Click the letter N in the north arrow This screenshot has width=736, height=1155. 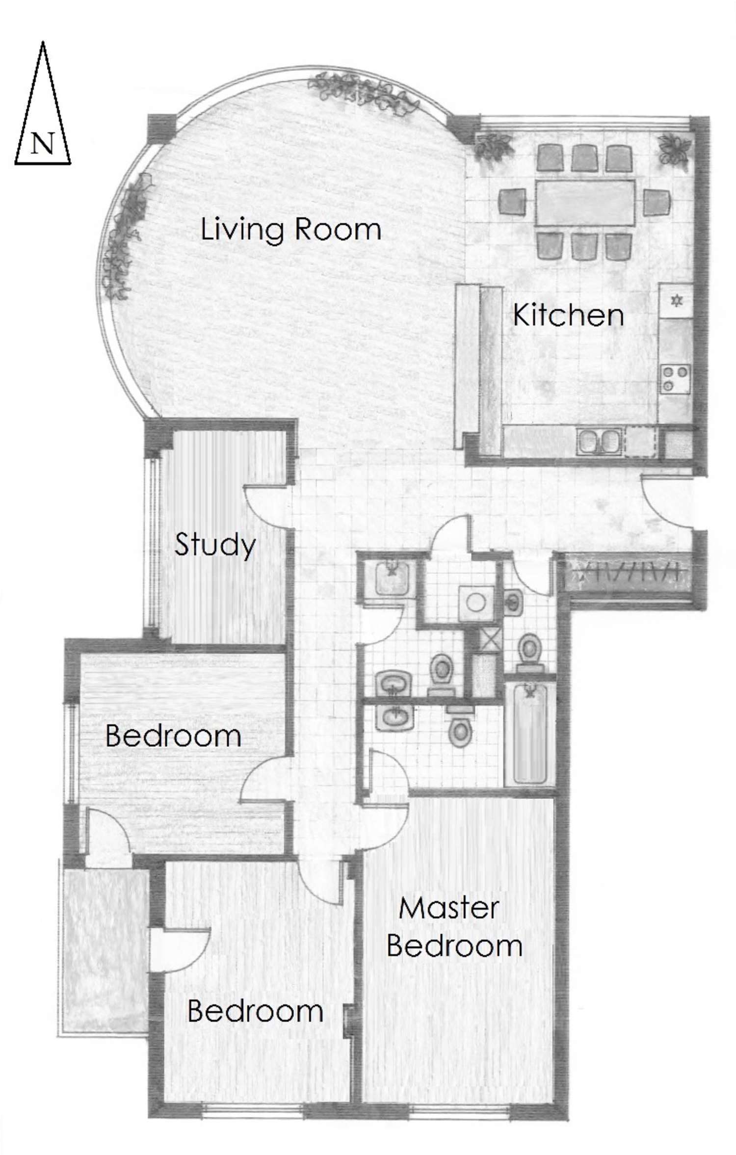tap(43, 144)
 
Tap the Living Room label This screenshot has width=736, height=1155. tap(291, 230)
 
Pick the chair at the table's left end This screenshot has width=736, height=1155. tap(513, 202)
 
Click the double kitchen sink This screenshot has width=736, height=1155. tap(600, 441)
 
